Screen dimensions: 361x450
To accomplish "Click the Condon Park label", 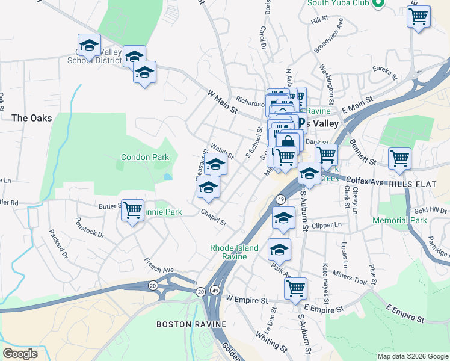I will (x=145, y=158).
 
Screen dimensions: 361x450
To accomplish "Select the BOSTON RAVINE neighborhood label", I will (x=191, y=324).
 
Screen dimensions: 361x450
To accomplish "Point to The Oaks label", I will (x=31, y=118).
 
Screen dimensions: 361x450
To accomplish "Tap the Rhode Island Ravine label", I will (x=234, y=252).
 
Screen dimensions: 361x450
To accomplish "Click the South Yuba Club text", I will (x=337, y=3).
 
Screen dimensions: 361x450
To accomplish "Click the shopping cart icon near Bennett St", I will (x=399, y=159).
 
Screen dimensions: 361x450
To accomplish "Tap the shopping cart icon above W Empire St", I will (x=295, y=289).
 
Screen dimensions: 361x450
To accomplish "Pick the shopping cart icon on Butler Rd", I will (x=132, y=211).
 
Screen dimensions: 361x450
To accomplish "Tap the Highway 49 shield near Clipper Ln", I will (x=280, y=199).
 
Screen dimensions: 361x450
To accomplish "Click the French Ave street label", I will (x=159, y=265).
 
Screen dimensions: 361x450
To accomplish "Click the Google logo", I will (x=20, y=354).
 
